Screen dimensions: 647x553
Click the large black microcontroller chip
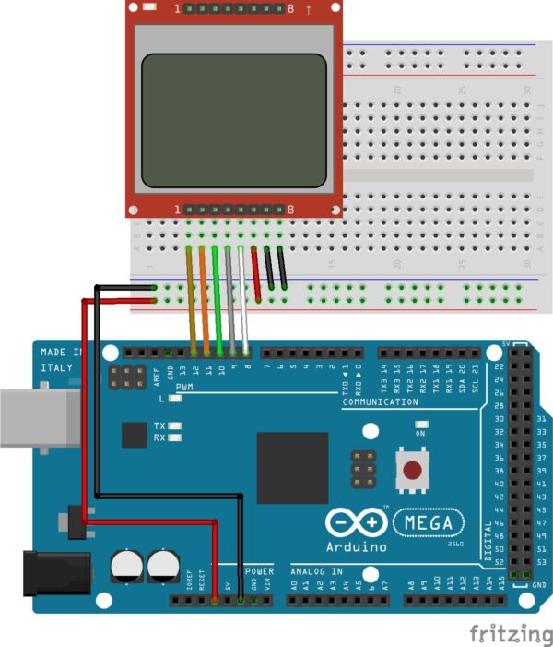292,468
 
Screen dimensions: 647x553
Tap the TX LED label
159,426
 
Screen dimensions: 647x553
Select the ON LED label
420,433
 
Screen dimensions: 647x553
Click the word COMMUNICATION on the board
380,402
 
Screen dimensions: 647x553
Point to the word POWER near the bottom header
259,571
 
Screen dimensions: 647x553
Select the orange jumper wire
205,300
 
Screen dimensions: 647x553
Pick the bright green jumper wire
218,300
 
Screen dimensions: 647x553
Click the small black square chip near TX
135,435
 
